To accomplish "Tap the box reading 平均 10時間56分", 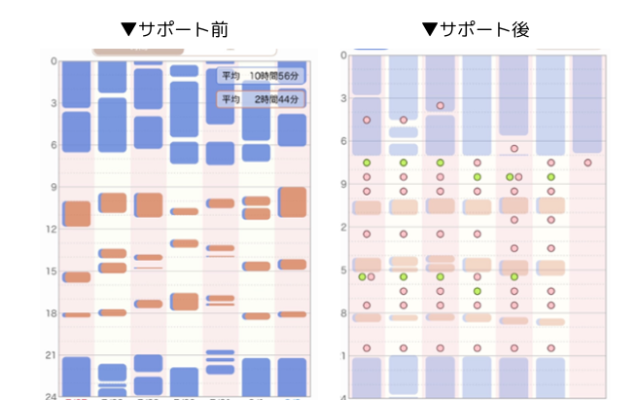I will tap(260, 76).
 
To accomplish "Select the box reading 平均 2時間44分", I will tap(260, 99).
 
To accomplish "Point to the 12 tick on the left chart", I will tap(52, 228).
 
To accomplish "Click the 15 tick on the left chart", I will tap(52, 271).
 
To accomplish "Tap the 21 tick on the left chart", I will tap(52, 354).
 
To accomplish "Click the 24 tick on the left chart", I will tap(52, 396).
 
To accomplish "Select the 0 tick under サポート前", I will tap(53, 60).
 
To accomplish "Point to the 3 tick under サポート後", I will tap(343, 98).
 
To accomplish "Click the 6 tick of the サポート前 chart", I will tap(53, 144).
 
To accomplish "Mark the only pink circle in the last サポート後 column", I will tap(587, 164).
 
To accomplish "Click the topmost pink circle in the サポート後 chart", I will tap(441, 105).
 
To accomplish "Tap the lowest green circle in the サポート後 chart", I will tap(478, 291).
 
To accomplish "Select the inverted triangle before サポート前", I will tap(127, 29).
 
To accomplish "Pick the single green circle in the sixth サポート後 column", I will tap(550, 164).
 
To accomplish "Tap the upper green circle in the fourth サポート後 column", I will tap(478, 164).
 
